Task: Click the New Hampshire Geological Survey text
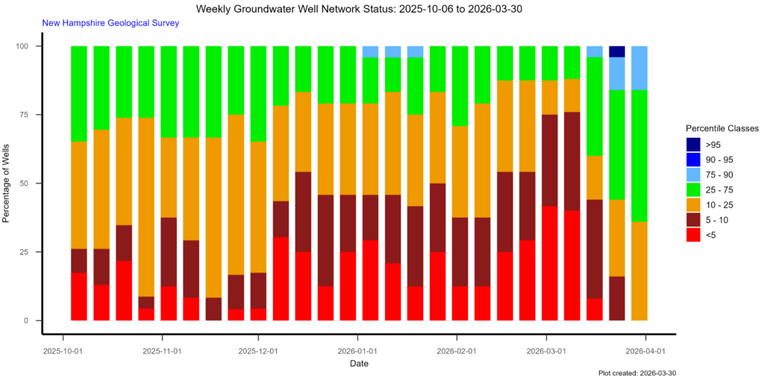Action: click(110, 23)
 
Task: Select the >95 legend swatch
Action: click(694, 144)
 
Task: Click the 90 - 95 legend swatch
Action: click(694, 159)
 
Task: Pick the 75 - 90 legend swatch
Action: click(694, 175)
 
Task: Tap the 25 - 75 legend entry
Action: click(694, 190)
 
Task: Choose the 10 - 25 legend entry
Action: click(694, 205)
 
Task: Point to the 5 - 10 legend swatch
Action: click(694, 220)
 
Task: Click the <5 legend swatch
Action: click(694, 235)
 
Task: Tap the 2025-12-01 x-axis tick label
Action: click(258, 350)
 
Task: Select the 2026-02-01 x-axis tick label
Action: click(457, 350)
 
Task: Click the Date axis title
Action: click(359, 364)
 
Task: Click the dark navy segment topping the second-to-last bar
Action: click(617, 51)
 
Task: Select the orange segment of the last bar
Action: click(639, 271)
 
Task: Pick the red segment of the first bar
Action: click(78, 296)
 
